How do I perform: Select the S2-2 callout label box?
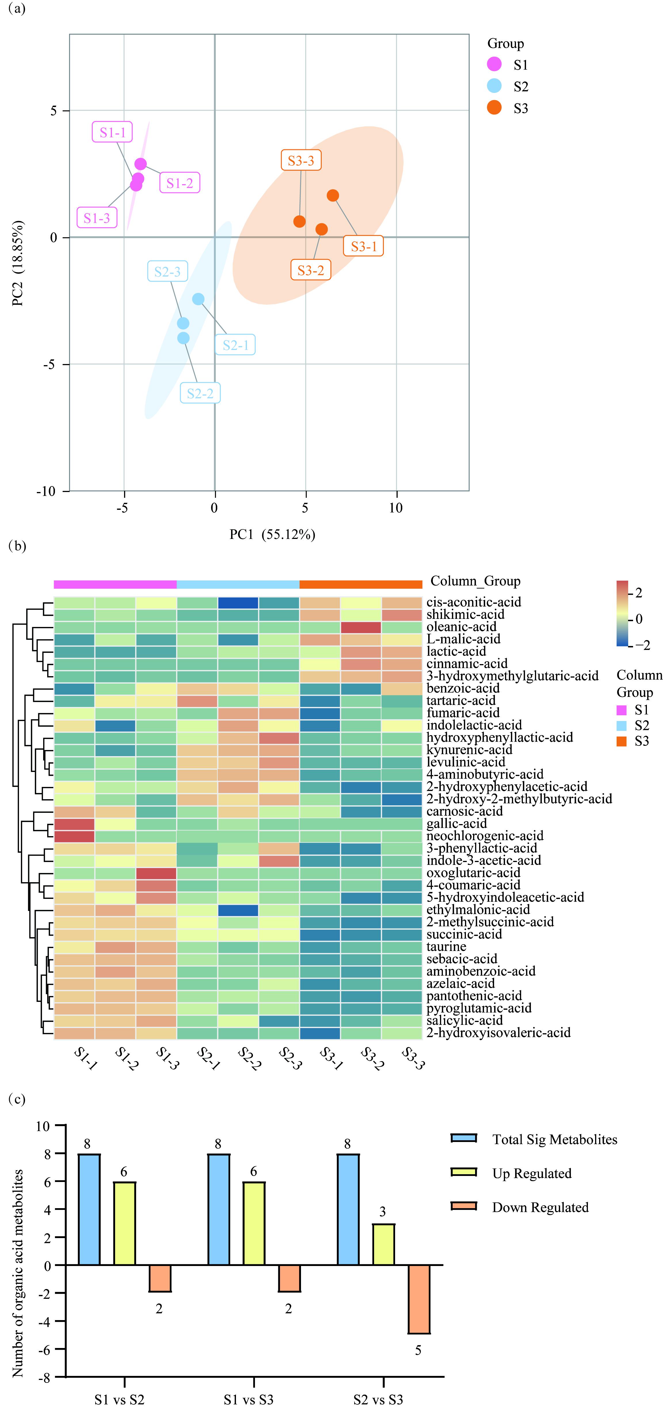point(200,393)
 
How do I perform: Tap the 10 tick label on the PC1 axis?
point(395,508)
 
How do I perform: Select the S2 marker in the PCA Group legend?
point(494,86)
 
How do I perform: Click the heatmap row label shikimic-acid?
point(466,614)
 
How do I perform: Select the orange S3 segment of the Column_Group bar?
point(361,584)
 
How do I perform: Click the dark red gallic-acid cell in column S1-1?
point(75,824)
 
